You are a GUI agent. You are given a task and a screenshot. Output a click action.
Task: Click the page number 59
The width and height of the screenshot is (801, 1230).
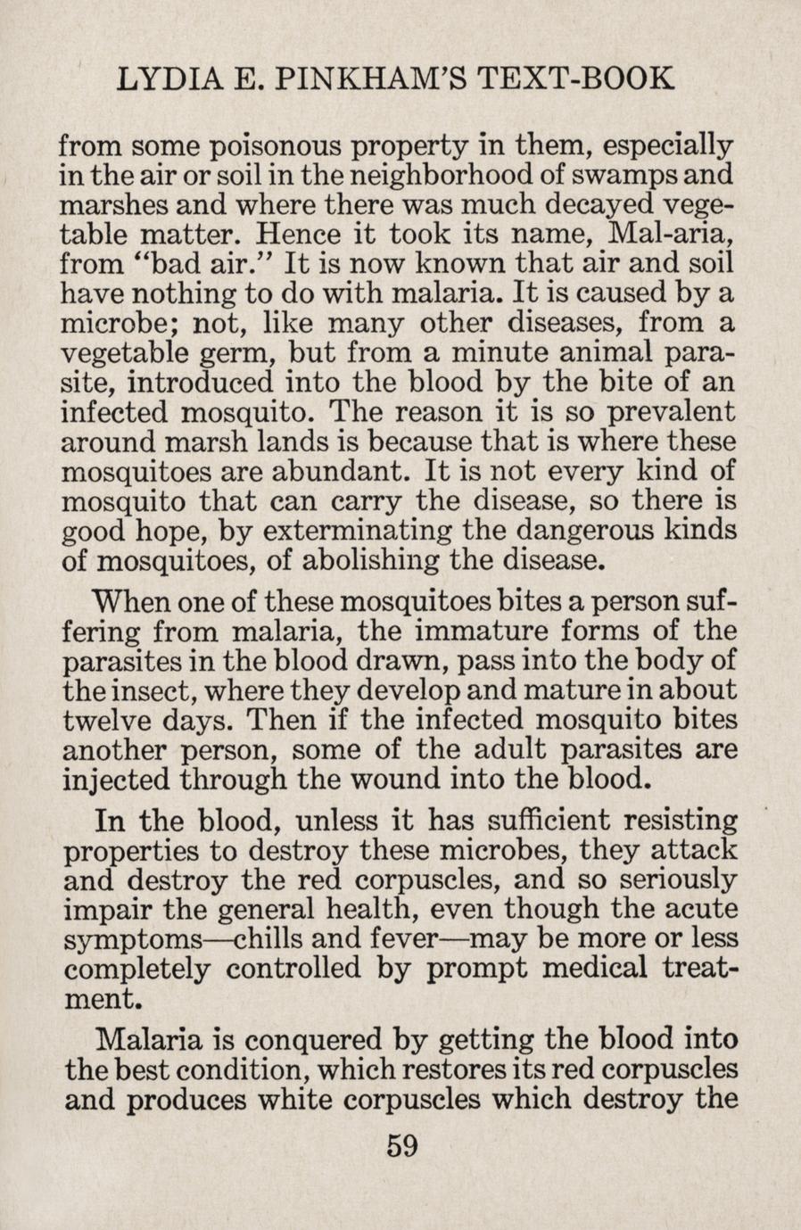pos(402,1145)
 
